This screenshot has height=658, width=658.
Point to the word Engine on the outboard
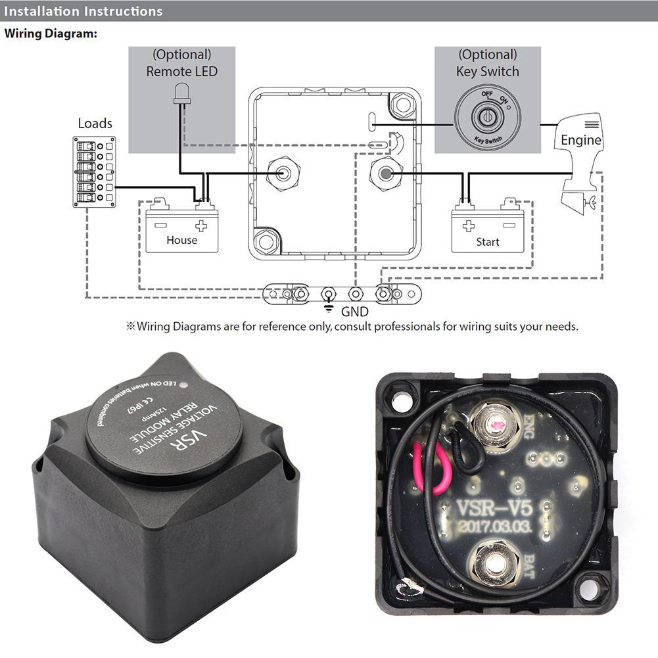[x=580, y=140]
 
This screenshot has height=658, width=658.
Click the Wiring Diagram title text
[x=51, y=34]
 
